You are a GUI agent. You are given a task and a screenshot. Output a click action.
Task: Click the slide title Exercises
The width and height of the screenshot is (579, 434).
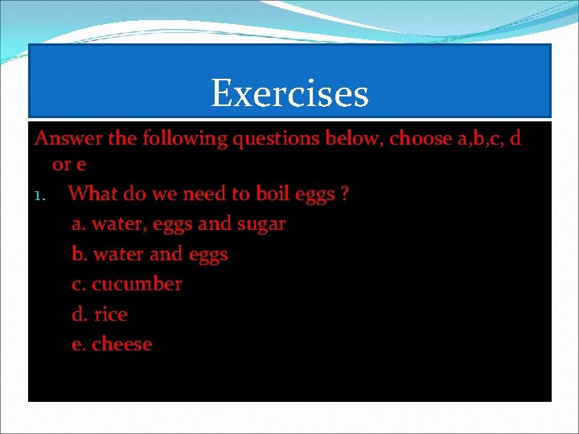click(289, 93)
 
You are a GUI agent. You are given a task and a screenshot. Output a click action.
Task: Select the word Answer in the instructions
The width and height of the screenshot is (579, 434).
click(68, 139)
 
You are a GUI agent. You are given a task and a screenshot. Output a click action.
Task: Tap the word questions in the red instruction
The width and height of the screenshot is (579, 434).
click(276, 139)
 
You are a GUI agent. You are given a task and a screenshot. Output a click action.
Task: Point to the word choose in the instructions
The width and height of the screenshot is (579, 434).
click(420, 139)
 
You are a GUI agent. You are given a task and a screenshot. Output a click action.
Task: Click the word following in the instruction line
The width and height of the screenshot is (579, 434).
click(184, 139)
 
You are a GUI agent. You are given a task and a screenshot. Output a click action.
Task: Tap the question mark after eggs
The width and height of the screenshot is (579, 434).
click(344, 194)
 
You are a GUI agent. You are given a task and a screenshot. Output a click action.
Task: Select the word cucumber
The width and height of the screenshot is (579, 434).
click(137, 285)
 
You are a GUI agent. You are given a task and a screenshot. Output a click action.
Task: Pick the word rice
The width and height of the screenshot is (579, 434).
click(110, 314)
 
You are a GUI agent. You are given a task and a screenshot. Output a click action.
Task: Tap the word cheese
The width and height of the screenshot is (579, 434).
click(121, 345)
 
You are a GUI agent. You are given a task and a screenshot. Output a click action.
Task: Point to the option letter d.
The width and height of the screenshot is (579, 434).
click(79, 314)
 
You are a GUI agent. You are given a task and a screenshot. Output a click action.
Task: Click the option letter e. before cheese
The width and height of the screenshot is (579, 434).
click(79, 345)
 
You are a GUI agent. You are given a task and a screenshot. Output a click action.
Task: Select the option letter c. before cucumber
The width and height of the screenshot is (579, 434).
click(79, 285)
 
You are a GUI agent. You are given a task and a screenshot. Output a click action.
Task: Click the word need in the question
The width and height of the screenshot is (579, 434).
click(205, 194)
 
